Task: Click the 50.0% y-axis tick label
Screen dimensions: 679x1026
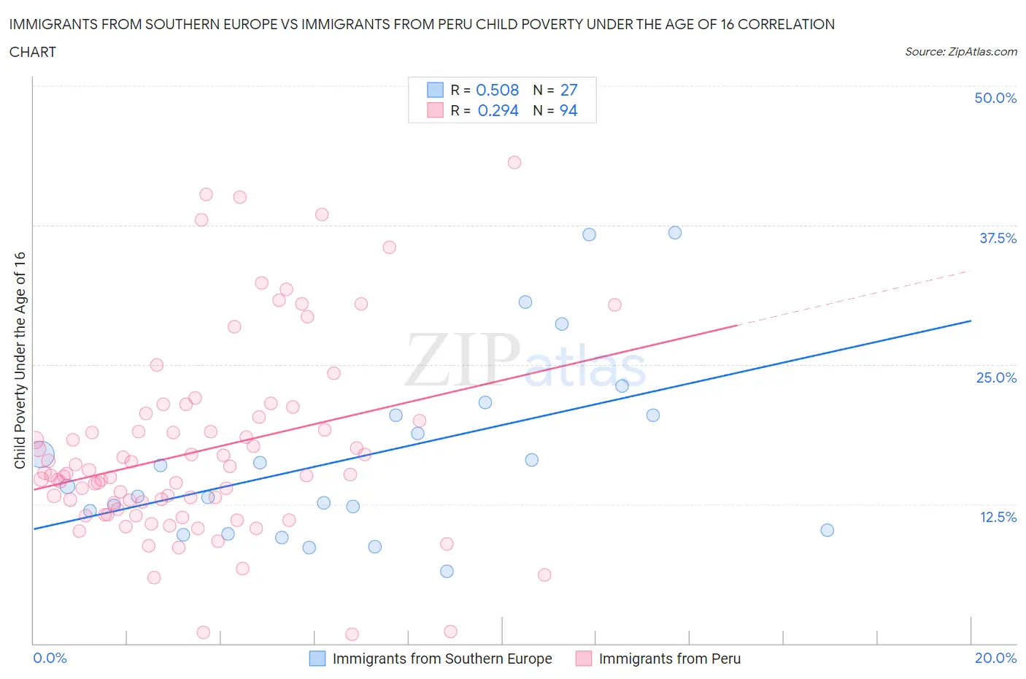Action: click(995, 98)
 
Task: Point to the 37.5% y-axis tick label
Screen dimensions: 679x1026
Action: click(998, 238)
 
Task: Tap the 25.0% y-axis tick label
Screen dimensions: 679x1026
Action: click(996, 377)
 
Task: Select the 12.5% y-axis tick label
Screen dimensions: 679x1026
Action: click(998, 517)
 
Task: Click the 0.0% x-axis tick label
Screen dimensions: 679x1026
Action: click(50, 658)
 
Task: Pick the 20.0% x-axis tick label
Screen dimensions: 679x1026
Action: click(995, 658)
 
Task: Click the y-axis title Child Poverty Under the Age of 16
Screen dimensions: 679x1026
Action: click(20, 360)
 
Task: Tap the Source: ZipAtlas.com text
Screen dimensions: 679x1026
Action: click(960, 52)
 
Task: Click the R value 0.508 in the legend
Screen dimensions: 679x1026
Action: click(497, 90)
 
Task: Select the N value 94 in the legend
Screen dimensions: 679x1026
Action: click(568, 110)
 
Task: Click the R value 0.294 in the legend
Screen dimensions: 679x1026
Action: click(498, 110)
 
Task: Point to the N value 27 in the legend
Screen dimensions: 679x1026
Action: click(568, 90)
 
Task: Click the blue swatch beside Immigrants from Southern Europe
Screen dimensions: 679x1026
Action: click(317, 659)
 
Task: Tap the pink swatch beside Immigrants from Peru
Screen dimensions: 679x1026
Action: click(583, 659)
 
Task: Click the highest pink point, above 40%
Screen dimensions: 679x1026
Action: click(514, 162)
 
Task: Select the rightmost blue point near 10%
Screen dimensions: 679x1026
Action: click(827, 530)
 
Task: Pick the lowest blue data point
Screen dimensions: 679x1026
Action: click(447, 571)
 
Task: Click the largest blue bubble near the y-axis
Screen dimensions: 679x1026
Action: click(42, 454)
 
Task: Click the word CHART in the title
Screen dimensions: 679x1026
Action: click(33, 52)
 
